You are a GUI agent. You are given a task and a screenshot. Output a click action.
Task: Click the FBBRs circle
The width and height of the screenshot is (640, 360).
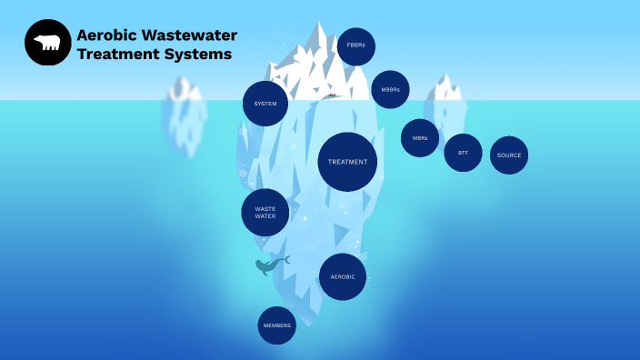[355, 46]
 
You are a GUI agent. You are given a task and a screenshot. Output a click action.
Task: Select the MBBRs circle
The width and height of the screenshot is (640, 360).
[390, 89]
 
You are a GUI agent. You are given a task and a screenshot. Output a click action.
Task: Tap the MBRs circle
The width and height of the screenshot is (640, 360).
[420, 138]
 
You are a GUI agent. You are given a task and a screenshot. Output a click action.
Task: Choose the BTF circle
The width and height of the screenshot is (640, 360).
[463, 153]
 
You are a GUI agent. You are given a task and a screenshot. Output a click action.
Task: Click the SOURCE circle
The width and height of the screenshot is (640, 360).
[509, 155]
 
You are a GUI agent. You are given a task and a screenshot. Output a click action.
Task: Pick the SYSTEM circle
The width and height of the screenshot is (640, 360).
[265, 104]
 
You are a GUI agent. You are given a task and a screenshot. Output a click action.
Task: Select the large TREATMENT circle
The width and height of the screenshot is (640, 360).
[347, 162]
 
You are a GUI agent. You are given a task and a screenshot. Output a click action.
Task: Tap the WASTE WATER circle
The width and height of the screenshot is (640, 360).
[265, 213]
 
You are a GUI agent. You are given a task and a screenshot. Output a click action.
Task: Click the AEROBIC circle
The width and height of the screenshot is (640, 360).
[343, 276]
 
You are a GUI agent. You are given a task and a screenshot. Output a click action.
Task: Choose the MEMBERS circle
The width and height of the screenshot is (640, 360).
[276, 325]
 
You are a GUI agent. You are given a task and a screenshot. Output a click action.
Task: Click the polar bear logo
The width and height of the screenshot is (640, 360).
[47, 43]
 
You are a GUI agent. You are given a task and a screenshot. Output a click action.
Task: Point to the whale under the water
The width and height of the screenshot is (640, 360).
[269, 265]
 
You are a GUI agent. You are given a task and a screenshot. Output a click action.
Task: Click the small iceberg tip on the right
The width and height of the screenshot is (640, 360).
[446, 89]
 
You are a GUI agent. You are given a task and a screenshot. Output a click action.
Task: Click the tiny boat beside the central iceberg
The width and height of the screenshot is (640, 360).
[333, 95]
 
